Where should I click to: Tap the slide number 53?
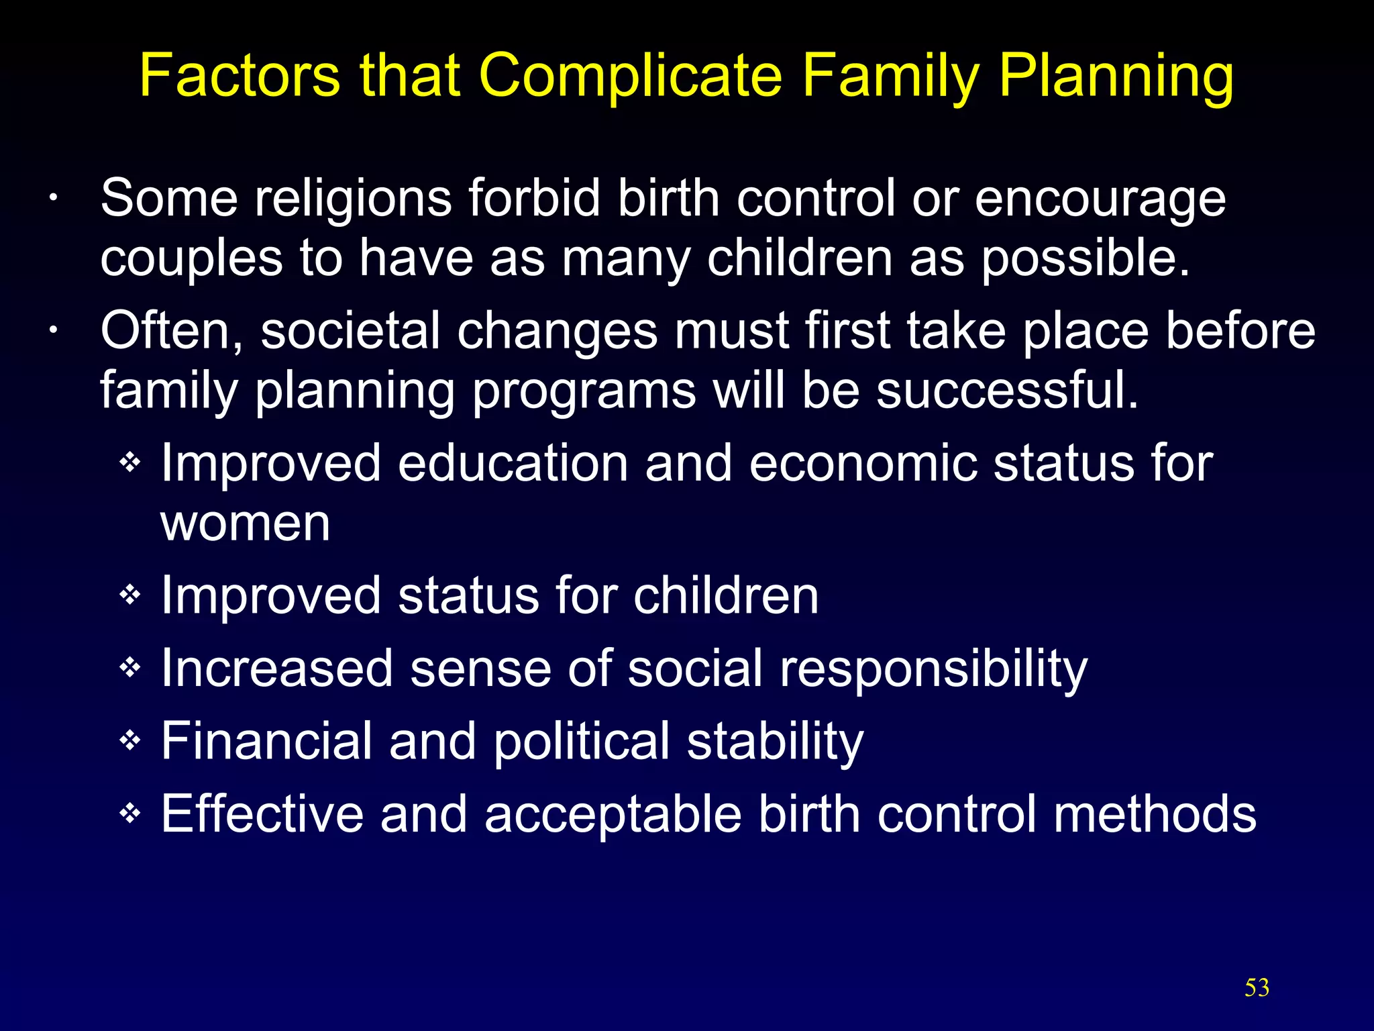click(1257, 987)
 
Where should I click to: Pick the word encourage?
click(1100, 200)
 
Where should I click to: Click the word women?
click(245, 524)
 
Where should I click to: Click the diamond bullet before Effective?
click(129, 814)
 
